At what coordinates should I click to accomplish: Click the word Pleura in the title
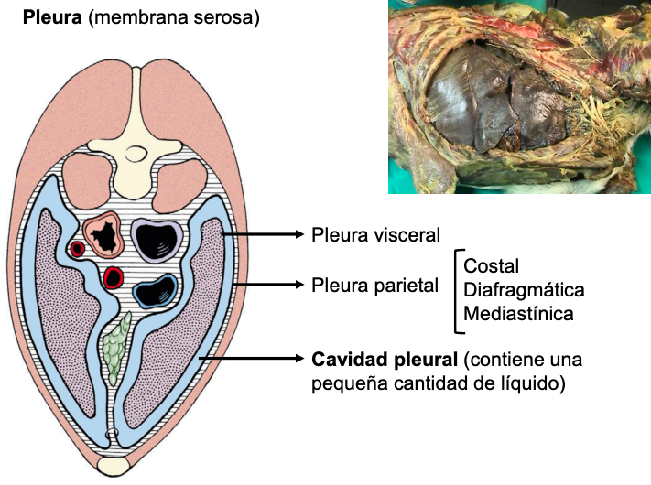(x=52, y=17)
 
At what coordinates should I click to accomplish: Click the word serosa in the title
(x=221, y=17)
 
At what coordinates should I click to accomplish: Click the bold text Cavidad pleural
(x=385, y=357)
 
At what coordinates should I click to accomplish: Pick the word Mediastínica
(x=519, y=314)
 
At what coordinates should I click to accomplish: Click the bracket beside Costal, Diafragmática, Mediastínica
(x=455, y=290)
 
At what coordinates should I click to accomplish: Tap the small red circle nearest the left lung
(x=78, y=248)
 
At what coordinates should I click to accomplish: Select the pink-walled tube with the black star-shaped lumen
(x=103, y=237)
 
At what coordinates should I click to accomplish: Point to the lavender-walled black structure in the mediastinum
(x=152, y=238)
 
